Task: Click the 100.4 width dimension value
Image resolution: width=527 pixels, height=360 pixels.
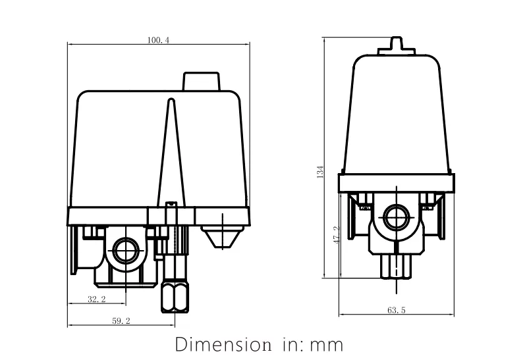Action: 159,40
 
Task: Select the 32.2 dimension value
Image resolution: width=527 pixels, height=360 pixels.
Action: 97,299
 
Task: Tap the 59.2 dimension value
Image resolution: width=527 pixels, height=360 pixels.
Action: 121,322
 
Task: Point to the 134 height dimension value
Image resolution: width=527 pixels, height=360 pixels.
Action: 320,172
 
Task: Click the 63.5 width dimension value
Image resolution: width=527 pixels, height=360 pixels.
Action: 395,310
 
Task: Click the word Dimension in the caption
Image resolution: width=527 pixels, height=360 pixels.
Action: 219,344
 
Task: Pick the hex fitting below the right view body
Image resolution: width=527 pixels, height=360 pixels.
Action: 396,267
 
